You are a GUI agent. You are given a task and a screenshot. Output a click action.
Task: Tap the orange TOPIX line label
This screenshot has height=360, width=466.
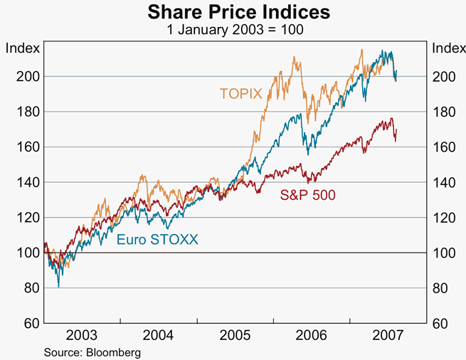click(241, 93)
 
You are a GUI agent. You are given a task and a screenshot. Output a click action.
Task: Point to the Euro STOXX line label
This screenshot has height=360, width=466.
click(157, 240)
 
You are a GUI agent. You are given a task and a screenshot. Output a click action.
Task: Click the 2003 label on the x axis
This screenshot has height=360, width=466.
click(82, 335)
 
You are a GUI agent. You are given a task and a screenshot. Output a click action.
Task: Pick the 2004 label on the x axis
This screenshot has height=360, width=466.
click(158, 335)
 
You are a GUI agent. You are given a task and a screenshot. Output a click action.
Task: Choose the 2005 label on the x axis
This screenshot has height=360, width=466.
click(234, 335)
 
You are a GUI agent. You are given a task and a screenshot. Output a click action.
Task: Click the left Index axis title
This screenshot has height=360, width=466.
click(22, 48)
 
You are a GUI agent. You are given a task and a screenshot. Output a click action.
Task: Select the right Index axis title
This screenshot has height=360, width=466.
click(448, 48)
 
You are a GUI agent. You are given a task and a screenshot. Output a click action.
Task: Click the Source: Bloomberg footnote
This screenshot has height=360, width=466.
click(92, 352)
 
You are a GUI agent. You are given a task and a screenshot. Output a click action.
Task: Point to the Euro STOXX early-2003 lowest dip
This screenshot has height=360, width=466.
click(58, 287)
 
